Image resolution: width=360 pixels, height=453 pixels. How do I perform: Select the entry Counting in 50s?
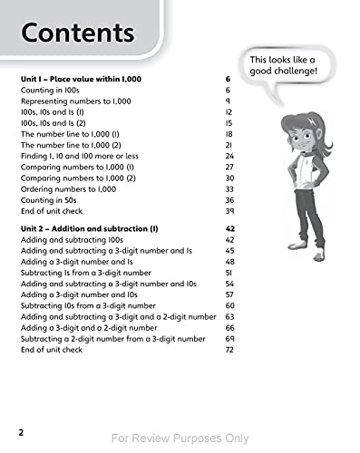pos(50,200)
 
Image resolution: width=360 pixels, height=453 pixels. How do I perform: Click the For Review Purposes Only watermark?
pos(180,438)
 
